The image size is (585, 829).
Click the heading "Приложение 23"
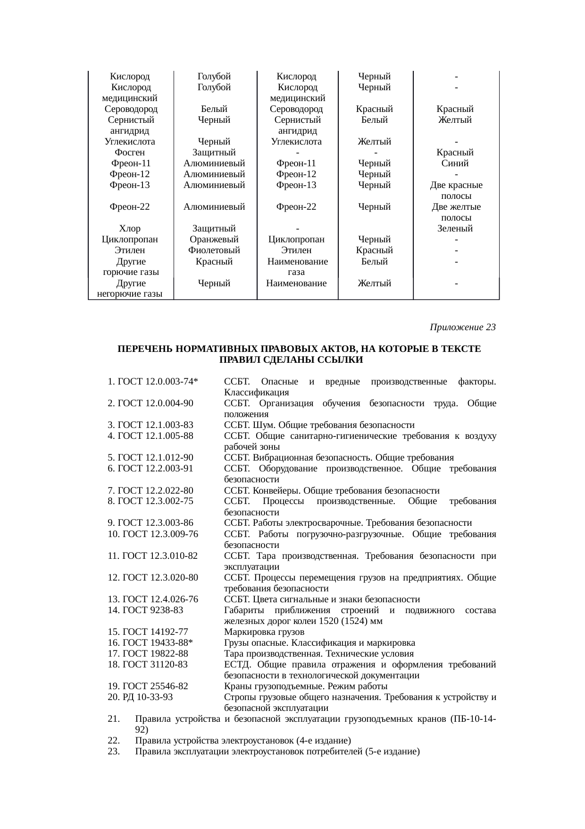[x=462, y=327]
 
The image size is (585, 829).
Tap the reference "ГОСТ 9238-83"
[x=152, y=610]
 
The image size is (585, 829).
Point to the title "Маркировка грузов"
[x=264, y=632]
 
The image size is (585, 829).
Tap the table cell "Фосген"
[x=130, y=153]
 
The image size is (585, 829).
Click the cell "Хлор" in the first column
[x=130, y=229]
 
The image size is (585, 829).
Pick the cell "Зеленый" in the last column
[x=455, y=229]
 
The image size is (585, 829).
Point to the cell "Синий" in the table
[x=455, y=163]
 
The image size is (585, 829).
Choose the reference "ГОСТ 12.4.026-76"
[x=160, y=599]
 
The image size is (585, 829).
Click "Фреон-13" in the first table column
[x=130, y=185]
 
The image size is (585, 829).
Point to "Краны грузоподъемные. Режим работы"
[x=306, y=686]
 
